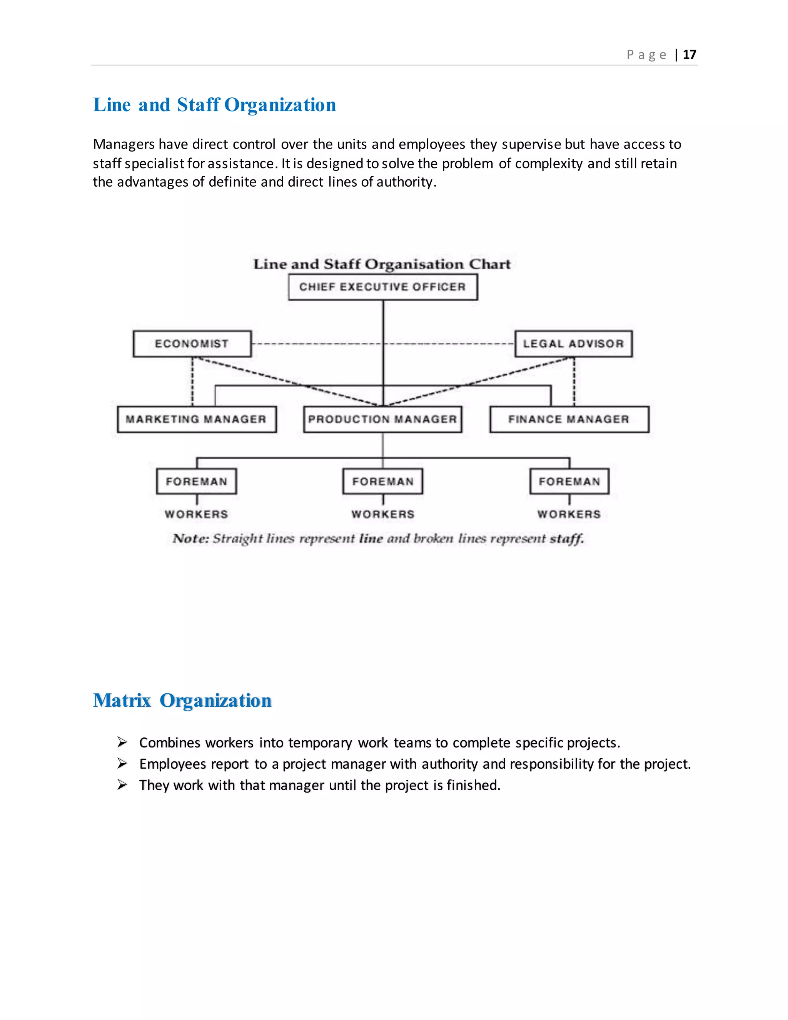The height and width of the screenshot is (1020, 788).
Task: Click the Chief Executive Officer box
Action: pos(383,287)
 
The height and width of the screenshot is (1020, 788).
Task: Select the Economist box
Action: pos(192,344)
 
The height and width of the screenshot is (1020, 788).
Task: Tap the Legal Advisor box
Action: pos(573,344)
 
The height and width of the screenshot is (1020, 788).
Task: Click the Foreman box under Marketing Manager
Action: pos(197,482)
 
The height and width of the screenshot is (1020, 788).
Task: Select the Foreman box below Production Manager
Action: pos(383,482)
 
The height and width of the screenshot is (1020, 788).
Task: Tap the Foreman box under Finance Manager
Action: pos(569,482)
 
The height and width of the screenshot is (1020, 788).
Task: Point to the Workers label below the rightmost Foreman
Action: pos(569,514)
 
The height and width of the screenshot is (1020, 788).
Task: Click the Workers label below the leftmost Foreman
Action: pos(197,514)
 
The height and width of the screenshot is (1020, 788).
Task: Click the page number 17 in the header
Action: pos(689,55)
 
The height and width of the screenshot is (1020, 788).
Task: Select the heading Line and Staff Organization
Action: pos(214,105)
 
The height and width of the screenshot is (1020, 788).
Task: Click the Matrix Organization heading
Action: pos(182,701)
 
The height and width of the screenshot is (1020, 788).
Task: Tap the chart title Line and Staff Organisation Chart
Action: pos(382,264)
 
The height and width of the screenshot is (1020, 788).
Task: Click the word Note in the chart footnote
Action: pos(190,538)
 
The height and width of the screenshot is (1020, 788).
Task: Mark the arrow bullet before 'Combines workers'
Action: pos(122,742)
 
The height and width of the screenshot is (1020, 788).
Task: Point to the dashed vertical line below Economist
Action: pos(192,381)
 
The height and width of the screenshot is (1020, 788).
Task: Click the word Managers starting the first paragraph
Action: pos(124,144)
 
